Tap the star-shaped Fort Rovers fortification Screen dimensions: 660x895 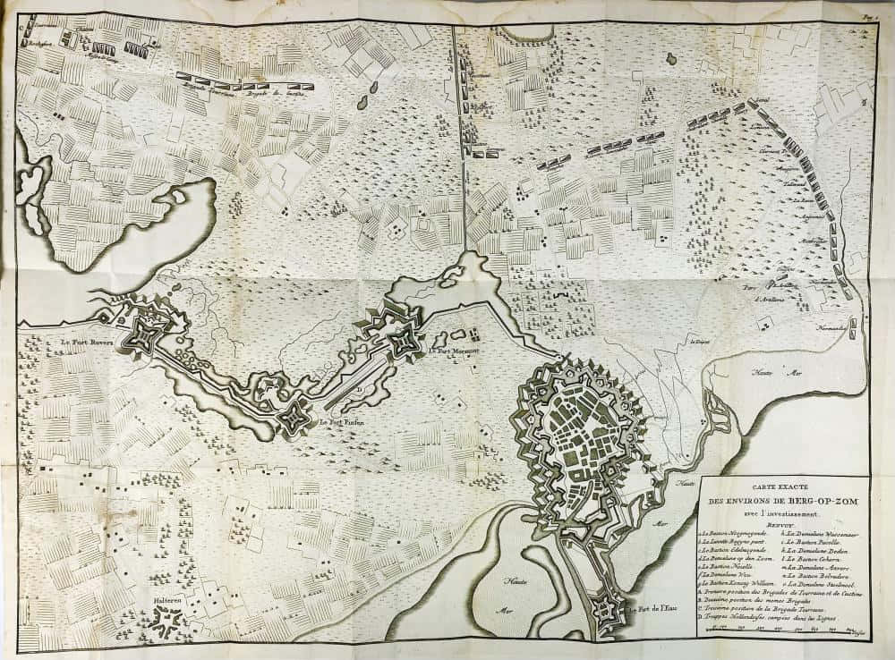click(x=143, y=334)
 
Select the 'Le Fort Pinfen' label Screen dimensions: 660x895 click(x=341, y=421)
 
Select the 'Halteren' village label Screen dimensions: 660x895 click(x=167, y=601)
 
